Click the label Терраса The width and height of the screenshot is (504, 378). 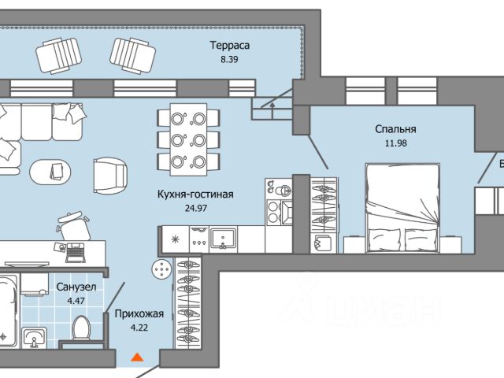229,45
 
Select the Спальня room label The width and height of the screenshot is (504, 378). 395,129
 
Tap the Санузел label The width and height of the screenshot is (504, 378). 76,287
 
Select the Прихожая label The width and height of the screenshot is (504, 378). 139,314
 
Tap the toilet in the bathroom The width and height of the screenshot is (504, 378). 80,330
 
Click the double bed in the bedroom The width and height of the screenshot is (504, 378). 404,209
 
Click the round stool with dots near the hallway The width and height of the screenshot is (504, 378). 162,270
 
